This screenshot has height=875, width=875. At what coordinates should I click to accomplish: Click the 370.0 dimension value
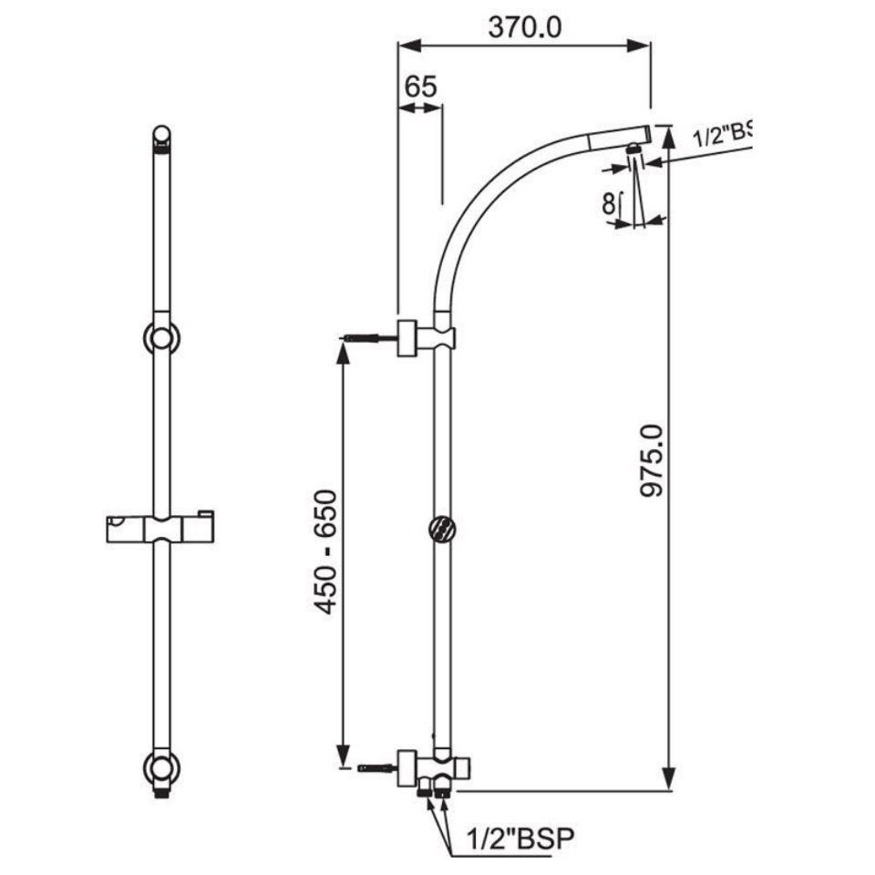pyautogui.click(x=524, y=27)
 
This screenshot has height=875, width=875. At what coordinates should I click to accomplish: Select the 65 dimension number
pyautogui.click(x=420, y=87)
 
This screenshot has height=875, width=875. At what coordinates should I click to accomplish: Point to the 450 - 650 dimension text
pyautogui.click(x=325, y=551)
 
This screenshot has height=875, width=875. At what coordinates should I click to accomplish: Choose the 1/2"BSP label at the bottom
pyautogui.click(x=520, y=838)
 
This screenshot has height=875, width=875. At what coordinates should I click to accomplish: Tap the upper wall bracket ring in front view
pyautogui.click(x=161, y=338)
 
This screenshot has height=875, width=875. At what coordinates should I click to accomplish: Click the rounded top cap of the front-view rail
pyautogui.click(x=161, y=136)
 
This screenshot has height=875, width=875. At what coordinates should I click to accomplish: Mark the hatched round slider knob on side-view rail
pyautogui.click(x=441, y=529)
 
